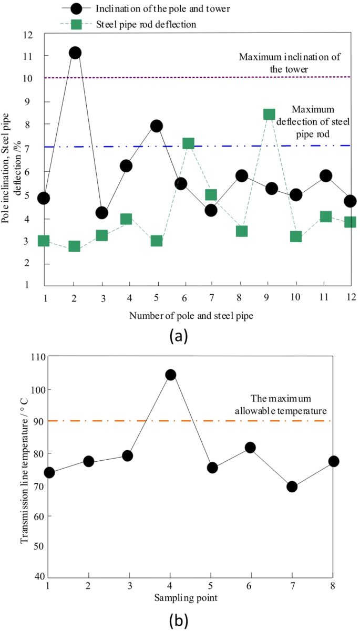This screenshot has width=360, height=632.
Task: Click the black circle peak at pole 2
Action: [75, 53]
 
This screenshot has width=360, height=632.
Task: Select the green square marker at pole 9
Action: [269, 115]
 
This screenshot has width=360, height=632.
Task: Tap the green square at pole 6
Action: [188, 143]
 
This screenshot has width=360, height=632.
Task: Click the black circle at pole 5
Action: [156, 126]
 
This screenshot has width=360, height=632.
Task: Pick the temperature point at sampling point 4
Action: [170, 375]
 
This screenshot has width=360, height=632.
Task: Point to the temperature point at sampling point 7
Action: [292, 486]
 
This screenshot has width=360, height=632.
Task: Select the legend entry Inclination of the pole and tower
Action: [149, 8]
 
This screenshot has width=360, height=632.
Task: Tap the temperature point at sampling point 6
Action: [250, 448]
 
